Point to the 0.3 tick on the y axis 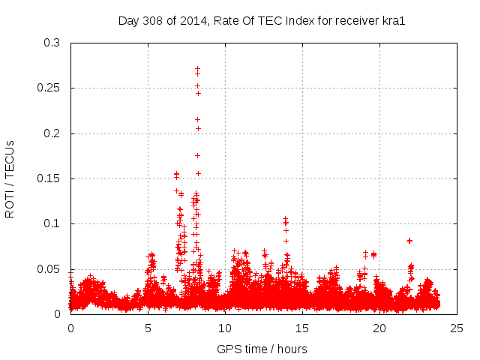pos(52,43)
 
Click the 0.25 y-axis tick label pos(49,88)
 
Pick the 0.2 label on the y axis pos(52,133)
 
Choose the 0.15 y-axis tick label pos(49,178)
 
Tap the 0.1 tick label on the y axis pos(52,223)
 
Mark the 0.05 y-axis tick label pos(49,268)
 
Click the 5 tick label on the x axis pos(148,328)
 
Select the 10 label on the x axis pos(225,328)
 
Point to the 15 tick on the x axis pos(302,328)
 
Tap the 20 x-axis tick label pos(379,328)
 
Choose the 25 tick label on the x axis pos(457,328)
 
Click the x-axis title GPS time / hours pos(262,349)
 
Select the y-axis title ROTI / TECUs pos(10,178)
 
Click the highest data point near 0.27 pos(197,69)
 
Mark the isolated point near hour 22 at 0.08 pos(409,241)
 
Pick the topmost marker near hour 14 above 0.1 pos(285,219)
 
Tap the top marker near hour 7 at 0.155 pos(176,174)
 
